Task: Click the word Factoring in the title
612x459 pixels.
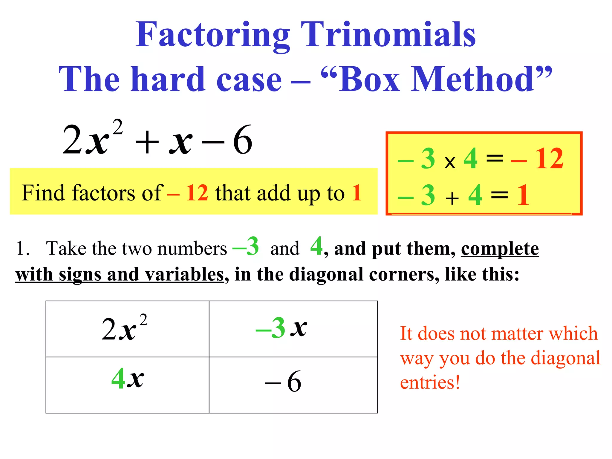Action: pyautogui.click(x=212, y=35)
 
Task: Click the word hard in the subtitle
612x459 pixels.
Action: pyautogui.click(x=168, y=79)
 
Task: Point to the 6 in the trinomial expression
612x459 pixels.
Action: pyautogui.click(x=243, y=140)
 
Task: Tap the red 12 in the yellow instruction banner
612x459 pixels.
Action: pyautogui.click(x=197, y=193)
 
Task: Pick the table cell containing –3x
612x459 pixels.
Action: pyautogui.click(x=293, y=329)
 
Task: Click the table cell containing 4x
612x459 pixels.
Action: pyautogui.click(x=127, y=385)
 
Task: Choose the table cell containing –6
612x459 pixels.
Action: pyautogui.click(x=293, y=385)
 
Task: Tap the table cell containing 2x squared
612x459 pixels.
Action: pyautogui.click(x=127, y=329)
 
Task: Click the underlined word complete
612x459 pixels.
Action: pyautogui.click(x=500, y=249)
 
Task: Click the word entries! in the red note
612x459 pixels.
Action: pyautogui.click(x=430, y=382)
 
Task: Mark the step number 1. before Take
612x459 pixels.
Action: pyautogui.click(x=22, y=249)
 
